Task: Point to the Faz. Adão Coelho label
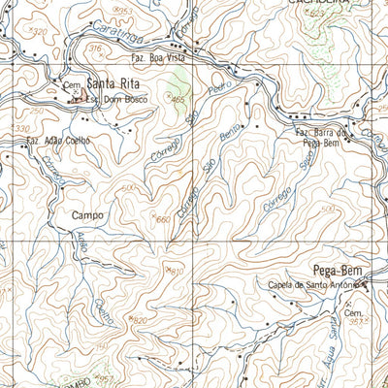pos(58,141)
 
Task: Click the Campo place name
pos(87,215)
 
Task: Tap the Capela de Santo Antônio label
pos(312,284)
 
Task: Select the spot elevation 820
pos(137,319)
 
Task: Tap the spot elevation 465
pos(177,99)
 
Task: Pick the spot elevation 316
pos(94,48)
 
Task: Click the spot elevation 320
pos(38,32)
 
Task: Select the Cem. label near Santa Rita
pos(69,85)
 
